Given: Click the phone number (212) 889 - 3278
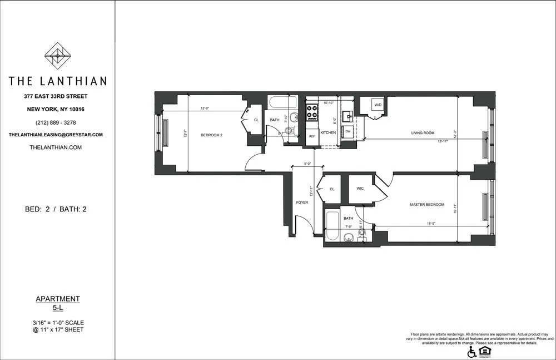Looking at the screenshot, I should [x=58, y=122].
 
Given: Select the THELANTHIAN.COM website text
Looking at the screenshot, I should [x=58, y=147].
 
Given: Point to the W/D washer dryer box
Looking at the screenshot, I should [x=378, y=105].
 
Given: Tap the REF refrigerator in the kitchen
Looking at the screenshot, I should [x=312, y=136].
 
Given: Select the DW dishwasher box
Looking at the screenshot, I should [x=348, y=131].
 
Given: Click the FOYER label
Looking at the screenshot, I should [x=302, y=203].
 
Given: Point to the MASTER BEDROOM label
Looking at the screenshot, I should [x=427, y=205].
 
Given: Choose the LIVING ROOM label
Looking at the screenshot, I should [x=423, y=133].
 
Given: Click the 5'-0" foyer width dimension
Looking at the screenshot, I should [x=307, y=164].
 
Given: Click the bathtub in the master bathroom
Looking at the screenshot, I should [x=331, y=226].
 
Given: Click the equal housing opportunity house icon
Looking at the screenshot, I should [x=485, y=351].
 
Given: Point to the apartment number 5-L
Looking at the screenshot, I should [x=58, y=307].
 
